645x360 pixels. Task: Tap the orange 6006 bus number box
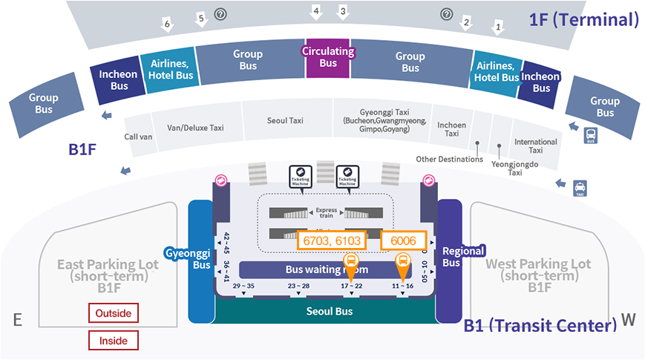(x=403, y=241)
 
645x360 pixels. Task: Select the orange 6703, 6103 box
(x=332, y=241)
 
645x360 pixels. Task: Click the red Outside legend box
(x=113, y=313)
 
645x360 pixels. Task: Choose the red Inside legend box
(x=113, y=341)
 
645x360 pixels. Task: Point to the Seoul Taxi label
(x=285, y=120)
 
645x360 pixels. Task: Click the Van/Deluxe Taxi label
(x=196, y=128)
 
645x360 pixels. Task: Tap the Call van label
(x=138, y=137)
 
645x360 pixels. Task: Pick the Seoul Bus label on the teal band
(x=330, y=311)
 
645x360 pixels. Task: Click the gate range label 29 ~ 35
(x=243, y=286)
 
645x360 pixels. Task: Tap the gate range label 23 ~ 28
(x=298, y=286)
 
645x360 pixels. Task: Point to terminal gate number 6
(x=168, y=24)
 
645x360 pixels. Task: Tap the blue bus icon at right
(x=591, y=136)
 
